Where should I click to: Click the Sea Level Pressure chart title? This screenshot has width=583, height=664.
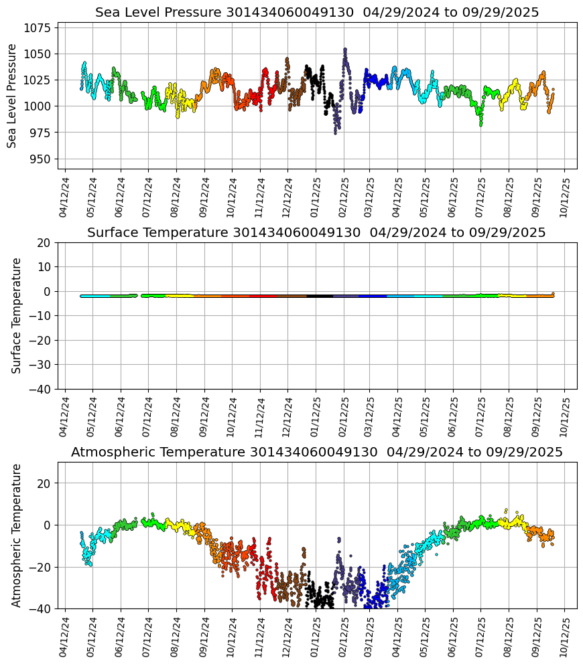[x=316, y=13]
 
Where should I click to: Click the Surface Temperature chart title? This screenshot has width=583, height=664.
[x=316, y=233]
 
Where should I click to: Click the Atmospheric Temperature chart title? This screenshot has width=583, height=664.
[x=316, y=452]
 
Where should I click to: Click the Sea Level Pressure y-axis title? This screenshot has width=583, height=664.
[x=12, y=96]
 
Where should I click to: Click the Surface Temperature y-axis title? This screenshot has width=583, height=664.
[x=17, y=315]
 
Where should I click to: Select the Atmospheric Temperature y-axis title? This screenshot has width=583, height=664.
[x=17, y=535]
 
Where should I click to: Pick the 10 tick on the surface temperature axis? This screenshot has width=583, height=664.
[x=47, y=267]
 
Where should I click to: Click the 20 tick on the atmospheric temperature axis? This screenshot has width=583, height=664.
[x=47, y=483]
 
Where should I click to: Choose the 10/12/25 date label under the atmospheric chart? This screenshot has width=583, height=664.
[x=564, y=636]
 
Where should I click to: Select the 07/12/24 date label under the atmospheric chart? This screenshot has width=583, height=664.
[x=148, y=636]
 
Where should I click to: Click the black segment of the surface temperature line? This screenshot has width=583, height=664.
[x=320, y=296]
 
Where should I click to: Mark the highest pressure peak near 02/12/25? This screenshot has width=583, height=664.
[x=345, y=50]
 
